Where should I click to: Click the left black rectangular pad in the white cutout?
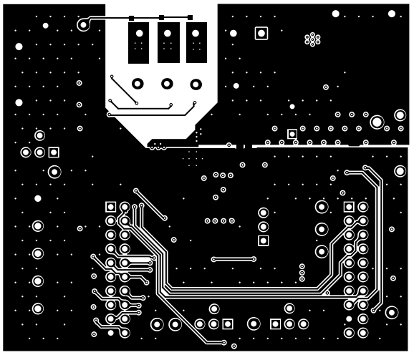point(138,42)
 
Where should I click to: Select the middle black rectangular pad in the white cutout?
point(168,42)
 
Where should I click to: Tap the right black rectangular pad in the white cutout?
point(196,42)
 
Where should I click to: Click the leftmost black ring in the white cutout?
point(138,84)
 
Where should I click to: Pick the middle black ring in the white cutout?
point(167,84)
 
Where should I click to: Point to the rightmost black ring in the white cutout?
point(196,84)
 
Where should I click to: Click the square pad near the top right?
point(261,33)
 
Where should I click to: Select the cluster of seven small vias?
point(312,39)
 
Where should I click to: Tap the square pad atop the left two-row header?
point(111,207)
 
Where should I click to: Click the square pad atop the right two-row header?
point(349,207)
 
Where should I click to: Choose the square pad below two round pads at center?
point(263,240)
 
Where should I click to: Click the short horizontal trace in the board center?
point(234,259)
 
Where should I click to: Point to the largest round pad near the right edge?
point(377,122)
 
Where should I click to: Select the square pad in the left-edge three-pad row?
point(54,152)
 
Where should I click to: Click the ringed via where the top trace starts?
point(83,25)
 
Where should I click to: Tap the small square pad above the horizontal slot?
point(292,134)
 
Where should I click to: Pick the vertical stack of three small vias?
point(302,273)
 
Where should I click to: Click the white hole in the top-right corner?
point(392,14)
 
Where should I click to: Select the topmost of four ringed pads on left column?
point(37,226)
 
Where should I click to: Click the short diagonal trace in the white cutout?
point(123,89)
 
